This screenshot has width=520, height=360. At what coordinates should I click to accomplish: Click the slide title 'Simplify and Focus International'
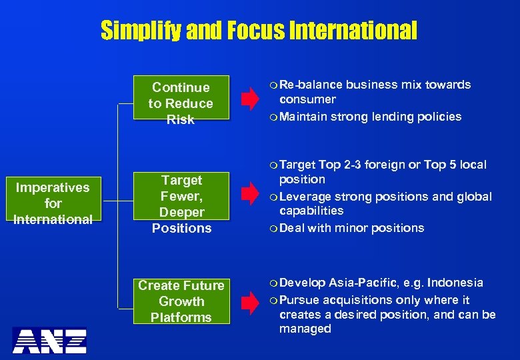coord(259,30)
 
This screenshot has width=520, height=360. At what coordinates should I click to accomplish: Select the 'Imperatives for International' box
coord(53,203)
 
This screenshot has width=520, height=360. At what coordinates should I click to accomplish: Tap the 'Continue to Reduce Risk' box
coord(181,103)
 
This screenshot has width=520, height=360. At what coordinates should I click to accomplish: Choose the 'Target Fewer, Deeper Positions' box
coord(181,204)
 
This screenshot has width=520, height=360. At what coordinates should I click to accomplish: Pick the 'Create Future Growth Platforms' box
coord(181,301)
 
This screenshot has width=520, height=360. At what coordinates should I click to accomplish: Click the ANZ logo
coord(51,340)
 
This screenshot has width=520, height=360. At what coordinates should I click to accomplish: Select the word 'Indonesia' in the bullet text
coord(455,283)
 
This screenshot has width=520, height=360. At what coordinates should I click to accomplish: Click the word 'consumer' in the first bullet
coord(307,99)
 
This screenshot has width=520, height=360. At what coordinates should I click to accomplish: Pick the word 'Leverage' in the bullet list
coord(303,197)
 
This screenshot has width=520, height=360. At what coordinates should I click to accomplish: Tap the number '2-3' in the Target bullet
coord(353,165)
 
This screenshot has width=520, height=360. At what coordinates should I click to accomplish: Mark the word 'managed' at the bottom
coord(305,329)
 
